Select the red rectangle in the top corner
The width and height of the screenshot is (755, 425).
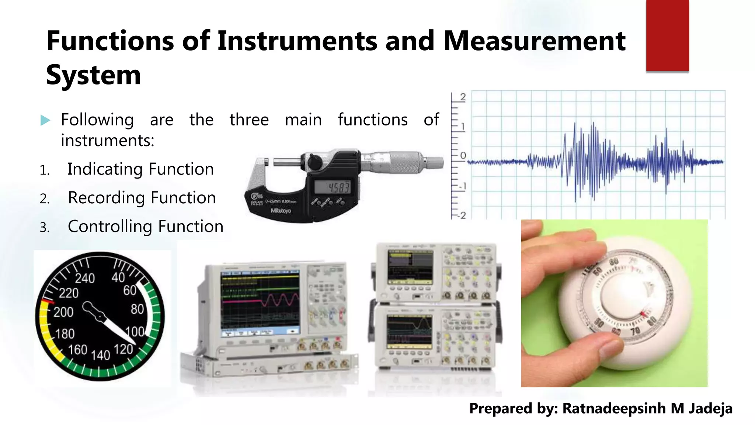(667, 35)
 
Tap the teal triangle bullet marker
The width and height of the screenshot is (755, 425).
(45, 120)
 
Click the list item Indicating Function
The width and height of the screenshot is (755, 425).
(140, 169)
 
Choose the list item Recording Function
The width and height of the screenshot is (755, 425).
(142, 198)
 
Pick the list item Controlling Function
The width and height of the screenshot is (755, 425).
(146, 227)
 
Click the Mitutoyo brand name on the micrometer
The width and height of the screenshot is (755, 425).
(281, 210)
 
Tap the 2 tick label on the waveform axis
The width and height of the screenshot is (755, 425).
(463, 97)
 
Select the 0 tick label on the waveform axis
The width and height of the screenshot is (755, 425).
(463, 156)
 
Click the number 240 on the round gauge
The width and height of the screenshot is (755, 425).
(85, 278)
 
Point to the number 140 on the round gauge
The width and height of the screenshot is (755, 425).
(101, 355)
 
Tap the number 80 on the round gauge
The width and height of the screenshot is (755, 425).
(137, 309)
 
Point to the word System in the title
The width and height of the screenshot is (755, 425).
(94, 75)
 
